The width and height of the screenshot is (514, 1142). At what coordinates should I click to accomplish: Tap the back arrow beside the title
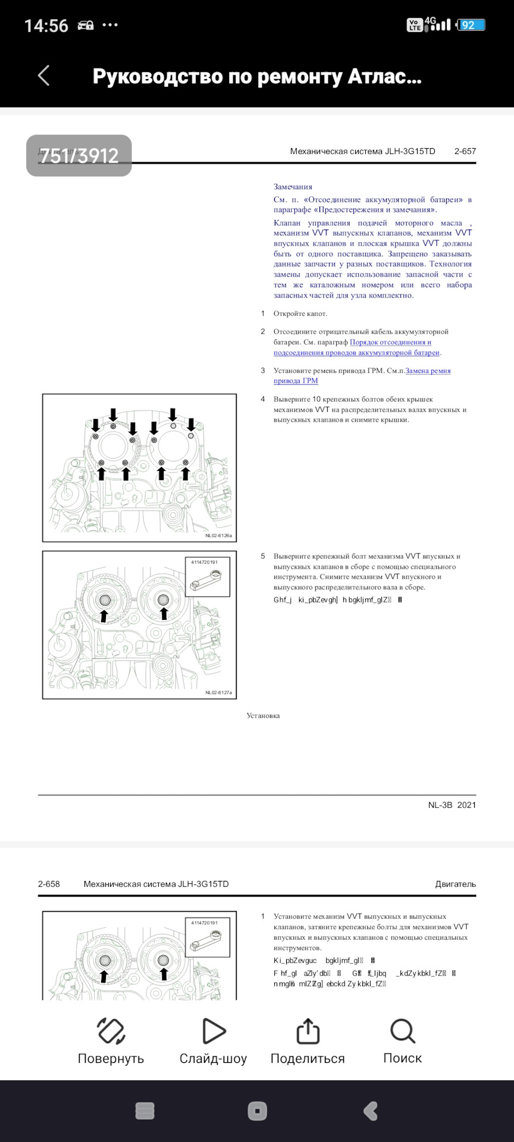pos(43,76)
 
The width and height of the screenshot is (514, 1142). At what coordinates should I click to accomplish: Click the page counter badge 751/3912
pos(79,156)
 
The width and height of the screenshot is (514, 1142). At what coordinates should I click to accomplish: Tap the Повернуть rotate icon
pos(111,1031)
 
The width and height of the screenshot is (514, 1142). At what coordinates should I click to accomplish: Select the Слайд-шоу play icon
pos(213,1031)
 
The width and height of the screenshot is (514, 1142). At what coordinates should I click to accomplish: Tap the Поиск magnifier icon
pos(403,1031)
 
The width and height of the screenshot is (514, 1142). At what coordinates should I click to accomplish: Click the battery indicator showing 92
pos(470,25)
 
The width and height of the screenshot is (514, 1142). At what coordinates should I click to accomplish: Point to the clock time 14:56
pos(46,26)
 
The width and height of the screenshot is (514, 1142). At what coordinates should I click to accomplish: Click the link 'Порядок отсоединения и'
pos(390,342)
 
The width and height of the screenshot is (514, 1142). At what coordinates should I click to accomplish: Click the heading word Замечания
pos(293,187)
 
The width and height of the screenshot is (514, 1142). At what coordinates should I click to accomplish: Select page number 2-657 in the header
pos(465,151)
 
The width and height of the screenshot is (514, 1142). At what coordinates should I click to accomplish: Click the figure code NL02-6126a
pos(218,535)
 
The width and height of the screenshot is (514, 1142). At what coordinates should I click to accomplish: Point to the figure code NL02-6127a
pos(218,692)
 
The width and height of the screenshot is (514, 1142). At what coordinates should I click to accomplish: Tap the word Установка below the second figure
pos(263,716)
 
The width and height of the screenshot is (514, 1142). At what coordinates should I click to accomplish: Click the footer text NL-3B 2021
pos(452,805)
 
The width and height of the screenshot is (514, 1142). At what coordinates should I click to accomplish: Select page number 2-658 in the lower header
pos(49,884)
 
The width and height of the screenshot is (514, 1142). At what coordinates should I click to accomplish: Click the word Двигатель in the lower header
pos(455,884)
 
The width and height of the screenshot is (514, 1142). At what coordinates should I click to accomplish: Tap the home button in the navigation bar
pos(257,1110)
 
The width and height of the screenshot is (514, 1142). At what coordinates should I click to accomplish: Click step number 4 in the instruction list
pos(262,399)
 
